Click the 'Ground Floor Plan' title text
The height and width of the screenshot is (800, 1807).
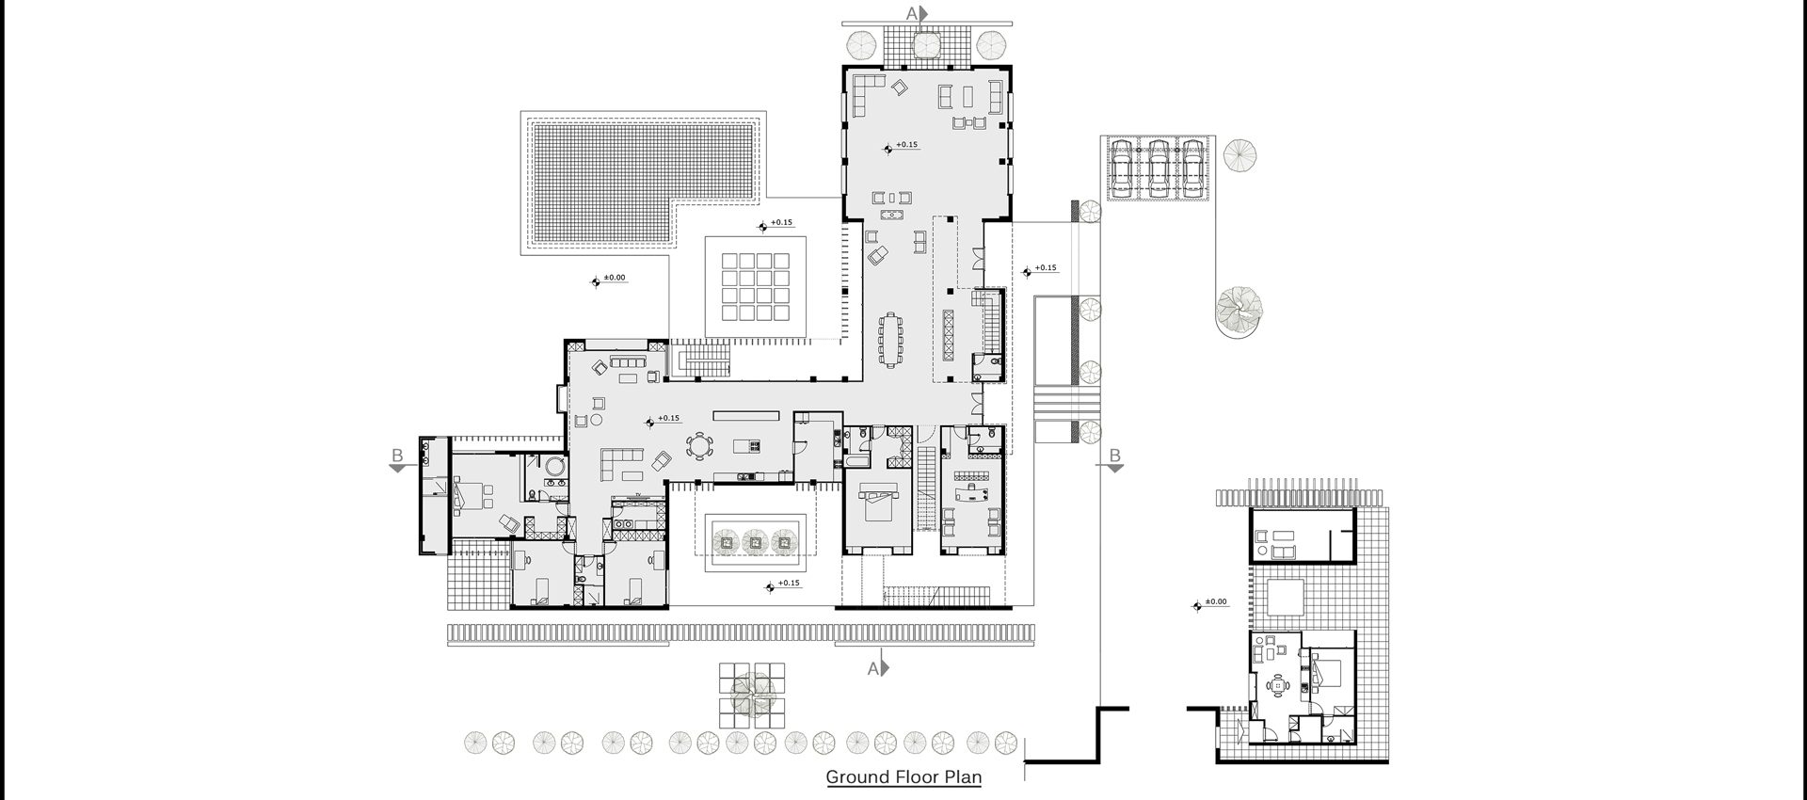pos(903,777)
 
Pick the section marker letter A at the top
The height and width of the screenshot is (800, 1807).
pos(911,13)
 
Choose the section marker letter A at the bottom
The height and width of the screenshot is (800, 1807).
pos(872,668)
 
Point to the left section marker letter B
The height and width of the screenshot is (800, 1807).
pos(396,456)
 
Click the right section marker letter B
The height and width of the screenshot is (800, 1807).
pos(1114,456)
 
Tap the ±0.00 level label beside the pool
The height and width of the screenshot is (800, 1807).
pos(614,278)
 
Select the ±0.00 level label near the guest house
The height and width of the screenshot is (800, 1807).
pos(1216,601)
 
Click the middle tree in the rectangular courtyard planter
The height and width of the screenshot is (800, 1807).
pos(753,542)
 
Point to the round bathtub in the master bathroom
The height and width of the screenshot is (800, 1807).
pos(553,468)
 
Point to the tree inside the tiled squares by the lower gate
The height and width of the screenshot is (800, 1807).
pos(752,694)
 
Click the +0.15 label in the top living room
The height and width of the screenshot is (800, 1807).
pos(906,145)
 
